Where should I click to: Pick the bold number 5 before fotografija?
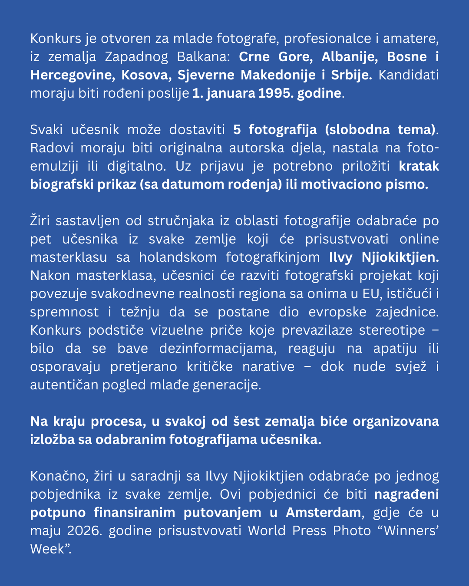(237, 130)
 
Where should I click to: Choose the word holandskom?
(178, 257)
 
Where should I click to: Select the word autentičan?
(64, 385)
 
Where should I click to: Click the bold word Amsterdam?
(323, 513)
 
